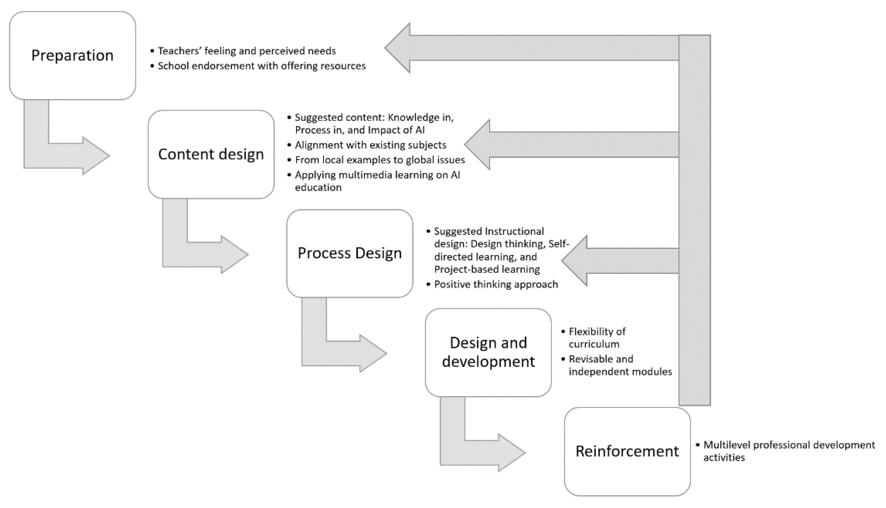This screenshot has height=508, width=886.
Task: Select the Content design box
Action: [211, 154]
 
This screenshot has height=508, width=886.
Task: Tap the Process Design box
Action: [350, 253]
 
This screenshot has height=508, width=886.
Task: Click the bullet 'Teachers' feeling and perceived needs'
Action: [246, 51]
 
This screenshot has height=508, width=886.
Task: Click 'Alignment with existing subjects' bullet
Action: [370, 145]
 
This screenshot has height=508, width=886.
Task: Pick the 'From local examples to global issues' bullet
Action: [379, 160]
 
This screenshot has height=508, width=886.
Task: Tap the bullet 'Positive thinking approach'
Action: [496, 284]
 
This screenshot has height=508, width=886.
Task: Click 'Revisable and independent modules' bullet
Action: [620, 365]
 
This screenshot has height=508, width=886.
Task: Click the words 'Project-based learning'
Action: [487, 269]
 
